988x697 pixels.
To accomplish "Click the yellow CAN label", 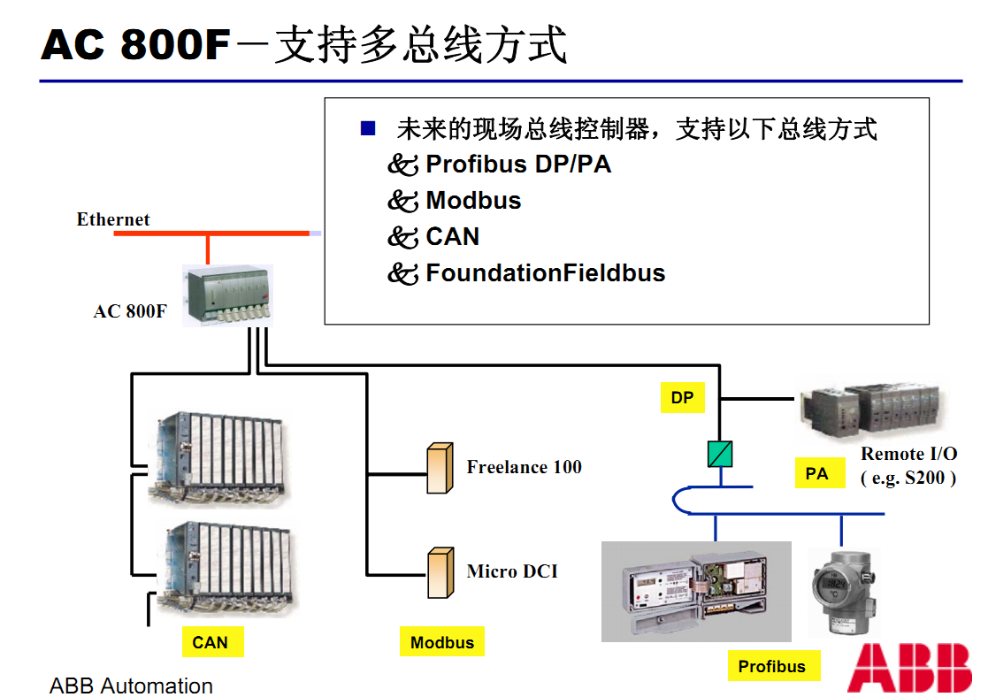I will pos(210,642).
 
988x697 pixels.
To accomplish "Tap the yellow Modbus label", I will pos(442,643).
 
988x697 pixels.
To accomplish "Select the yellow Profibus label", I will pos(772,666).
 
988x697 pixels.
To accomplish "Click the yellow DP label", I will pos(682,397).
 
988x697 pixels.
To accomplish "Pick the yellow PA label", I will pos(816,474).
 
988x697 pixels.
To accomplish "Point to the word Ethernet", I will pos(113,219).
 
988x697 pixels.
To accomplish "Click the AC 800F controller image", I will pos(227,295).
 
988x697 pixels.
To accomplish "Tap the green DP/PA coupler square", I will pos(720,454).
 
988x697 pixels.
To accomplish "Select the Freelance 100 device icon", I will pos(439,468).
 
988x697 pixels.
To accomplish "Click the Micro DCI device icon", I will pos(439,572).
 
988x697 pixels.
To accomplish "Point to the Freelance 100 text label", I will pos(524,467).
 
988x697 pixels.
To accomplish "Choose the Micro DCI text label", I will pos(512,571).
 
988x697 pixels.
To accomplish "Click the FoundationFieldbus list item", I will pos(545,272).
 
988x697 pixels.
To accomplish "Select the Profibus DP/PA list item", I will pos(518,164).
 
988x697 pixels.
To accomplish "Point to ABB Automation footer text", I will pos(131,686).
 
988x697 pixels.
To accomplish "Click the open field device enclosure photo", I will pos(696,591).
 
